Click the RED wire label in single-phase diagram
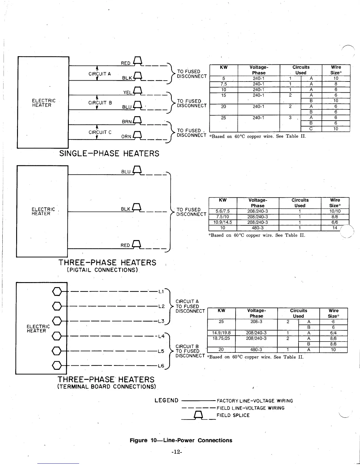[x=126, y=63]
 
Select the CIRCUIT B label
[x=100, y=103]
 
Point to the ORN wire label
[x=126, y=137]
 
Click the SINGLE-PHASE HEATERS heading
[x=109, y=154]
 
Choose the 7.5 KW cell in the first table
[x=224, y=84]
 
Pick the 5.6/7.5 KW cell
[x=223, y=211]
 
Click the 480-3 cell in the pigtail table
[x=258, y=228]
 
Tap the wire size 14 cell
[x=335, y=228]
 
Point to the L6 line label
[x=161, y=366]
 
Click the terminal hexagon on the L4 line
[x=57, y=336]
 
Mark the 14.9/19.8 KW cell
[x=221, y=333]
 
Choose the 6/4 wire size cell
[x=333, y=333]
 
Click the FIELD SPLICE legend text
[x=233, y=415]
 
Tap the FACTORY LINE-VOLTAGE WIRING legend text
[x=255, y=401]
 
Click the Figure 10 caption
[x=181, y=440]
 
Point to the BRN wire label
[x=126, y=122]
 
